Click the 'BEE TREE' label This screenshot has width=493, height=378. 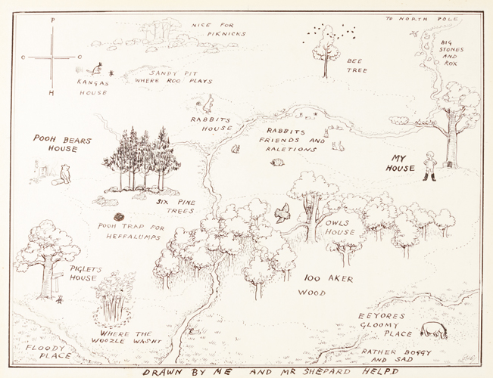click(x=357, y=65)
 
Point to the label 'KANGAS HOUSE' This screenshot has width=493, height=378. click(x=93, y=86)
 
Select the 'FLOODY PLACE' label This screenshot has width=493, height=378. click(x=48, y=352)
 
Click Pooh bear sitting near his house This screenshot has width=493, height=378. click(x=64, y=175)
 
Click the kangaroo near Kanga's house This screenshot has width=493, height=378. click(x=98, y=67)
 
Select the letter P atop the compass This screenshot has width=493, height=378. click(x=51, y=21)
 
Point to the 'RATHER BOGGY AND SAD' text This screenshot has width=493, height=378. click(x=396, y=356)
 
